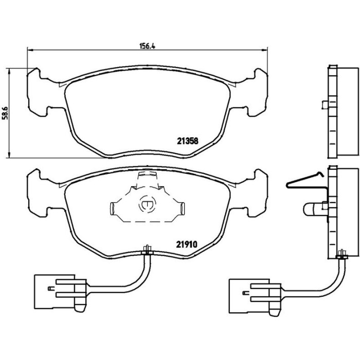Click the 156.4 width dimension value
148,46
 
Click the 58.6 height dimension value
5,113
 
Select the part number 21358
187,141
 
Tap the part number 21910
187,245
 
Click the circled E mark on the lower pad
147,204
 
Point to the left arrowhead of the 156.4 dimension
30,49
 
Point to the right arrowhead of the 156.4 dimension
265,49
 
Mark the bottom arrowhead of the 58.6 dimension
9,155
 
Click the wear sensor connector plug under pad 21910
60,293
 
